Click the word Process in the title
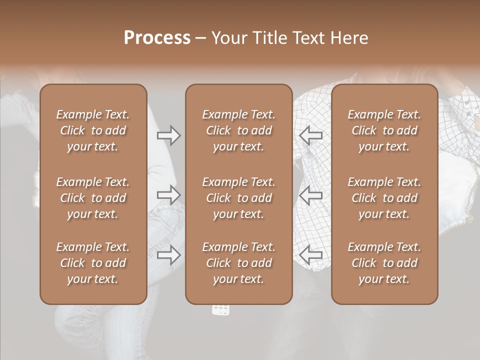tap(157, 37)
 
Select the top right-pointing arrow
tap(168, 135)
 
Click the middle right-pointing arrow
tap(168, 195)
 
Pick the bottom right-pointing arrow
tap(168, 255)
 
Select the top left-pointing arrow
tap(311, 135)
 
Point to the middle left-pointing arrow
tap(311, 195)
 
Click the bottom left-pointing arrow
tap(311, 255)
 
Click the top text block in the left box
tap(93, 130)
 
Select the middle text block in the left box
tap(93, 198)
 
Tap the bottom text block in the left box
tap(93, 263)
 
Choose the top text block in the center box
tap(238, 130)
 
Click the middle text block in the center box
tap(238, 198)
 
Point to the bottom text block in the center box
tap(238, 263)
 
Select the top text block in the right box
tap(384, 130)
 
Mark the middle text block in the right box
tap(384, 198)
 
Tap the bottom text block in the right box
tap(384, 263)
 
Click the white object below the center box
tap(221, 309)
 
